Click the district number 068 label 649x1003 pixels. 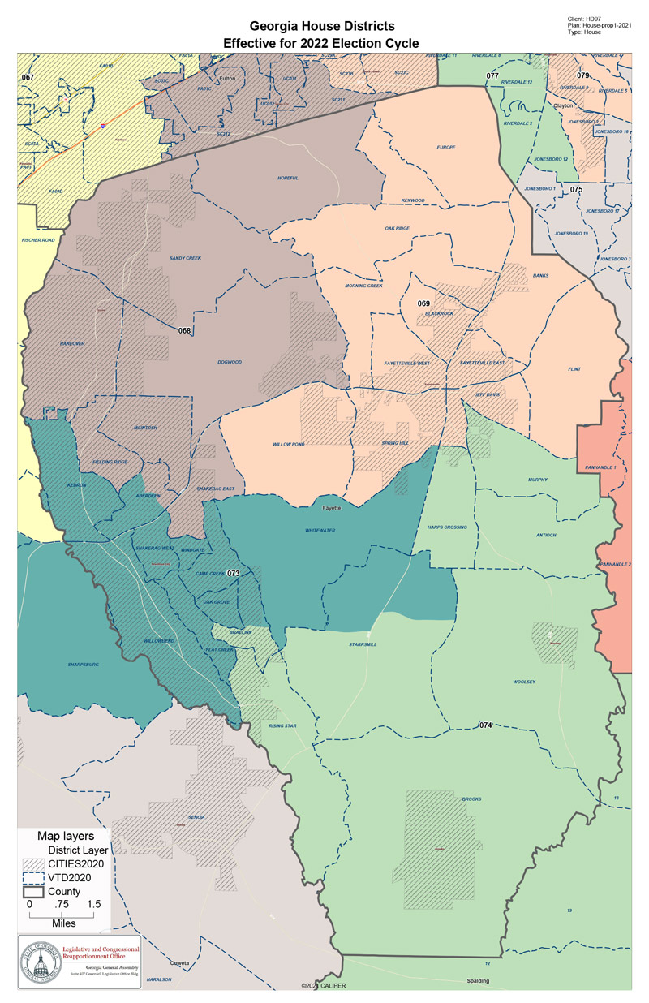(x=184, y=330)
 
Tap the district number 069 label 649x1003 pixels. (x=423, y=303)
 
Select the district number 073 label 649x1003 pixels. (x=234, y=573)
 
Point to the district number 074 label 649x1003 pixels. (x=485, y=724)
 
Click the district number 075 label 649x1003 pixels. (x=576, y=189)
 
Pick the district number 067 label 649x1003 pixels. (x=28, y=77)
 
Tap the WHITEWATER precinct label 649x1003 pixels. (x=320, y=530)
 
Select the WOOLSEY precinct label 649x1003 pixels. (x=524, y=682)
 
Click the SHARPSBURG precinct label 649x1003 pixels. (x=84, y=664)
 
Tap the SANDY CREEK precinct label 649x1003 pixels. (x=184, y=258)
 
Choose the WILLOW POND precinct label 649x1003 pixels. (x=288, y=445)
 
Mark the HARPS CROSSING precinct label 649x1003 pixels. (x=447, y=527)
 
